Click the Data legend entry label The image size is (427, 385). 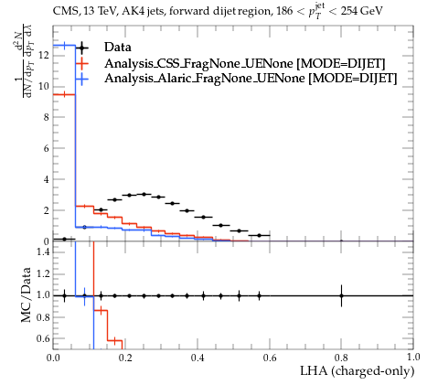coord(118,48)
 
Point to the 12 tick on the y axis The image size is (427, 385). coord(44,56)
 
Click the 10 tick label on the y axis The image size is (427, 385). coord(44,87)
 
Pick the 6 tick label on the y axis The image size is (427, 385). coord(46,148)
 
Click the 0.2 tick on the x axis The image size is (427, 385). coord(125,358)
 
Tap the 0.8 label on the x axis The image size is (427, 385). coord(341,358)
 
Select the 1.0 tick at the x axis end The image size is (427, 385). coord(413,358)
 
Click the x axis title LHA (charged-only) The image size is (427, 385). coord(358,371)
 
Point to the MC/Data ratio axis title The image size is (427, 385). coord(27,294)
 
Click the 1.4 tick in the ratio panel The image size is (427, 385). coord(43,251)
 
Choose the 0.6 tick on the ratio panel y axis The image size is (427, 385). coord(43,338)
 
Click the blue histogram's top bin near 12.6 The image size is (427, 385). coord(64,46)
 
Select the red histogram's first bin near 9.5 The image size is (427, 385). coord(64,94)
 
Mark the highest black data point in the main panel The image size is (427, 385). coord(144,194)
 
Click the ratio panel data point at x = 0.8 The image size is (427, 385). coord(341,295)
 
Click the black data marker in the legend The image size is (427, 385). coord(81,48)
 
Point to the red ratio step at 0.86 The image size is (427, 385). coord(101,311)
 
